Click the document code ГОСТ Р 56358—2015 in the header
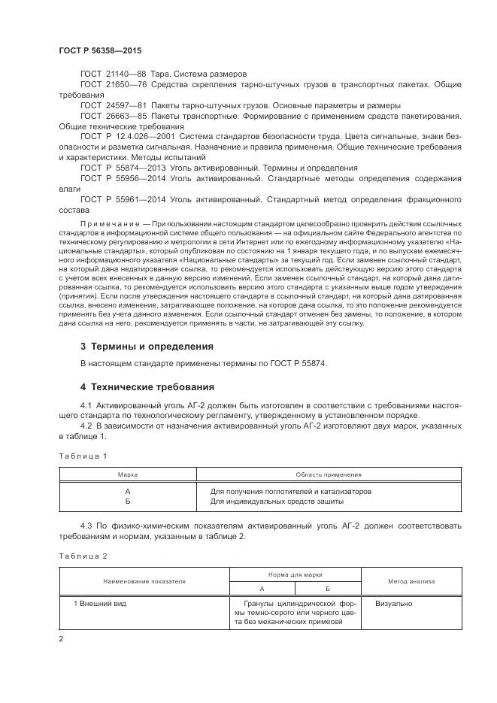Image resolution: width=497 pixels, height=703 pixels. tap(100, 50)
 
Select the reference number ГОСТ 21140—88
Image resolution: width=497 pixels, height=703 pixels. tap(113, 74)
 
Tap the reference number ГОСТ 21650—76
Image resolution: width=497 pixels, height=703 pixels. tap(113, 86)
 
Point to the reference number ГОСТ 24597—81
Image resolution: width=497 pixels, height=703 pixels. tap(113, 105)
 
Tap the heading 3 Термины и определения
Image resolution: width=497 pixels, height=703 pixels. tap(147, 347)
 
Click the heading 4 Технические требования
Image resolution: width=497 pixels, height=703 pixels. tap(147, 386)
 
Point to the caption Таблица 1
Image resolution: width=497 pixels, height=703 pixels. tap(83, 456)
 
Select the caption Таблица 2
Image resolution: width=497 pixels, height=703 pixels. tap(83, 556)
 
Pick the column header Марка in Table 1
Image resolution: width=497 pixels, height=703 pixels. tap(128, 474)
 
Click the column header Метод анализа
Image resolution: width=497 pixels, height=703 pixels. tap(408, 581)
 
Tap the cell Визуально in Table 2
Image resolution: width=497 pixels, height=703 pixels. tap(394, 604)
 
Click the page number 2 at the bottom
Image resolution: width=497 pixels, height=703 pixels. tap(61, 639)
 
